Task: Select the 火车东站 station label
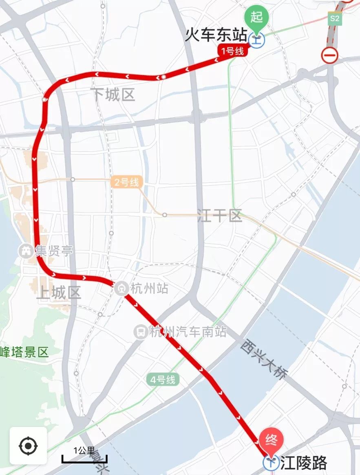pos(216,35)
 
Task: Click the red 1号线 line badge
pos(233,51)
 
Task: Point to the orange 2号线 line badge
pos(126,182)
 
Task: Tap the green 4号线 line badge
pos(163,380)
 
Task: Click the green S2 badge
pos(335,18)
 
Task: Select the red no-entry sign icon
pos(329,55)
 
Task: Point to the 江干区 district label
pos(219,216)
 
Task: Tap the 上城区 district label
pos(59,293)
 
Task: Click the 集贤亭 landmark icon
pos(26,251)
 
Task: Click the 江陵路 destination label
pos(304,463)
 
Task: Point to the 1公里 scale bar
pos(84,459)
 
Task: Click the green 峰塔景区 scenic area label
pos(24,352)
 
